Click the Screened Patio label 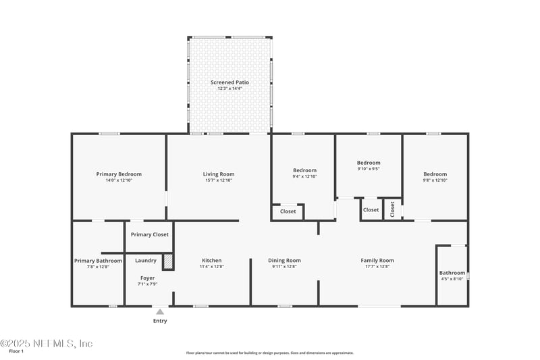pyautogui.click(x=230, y=82)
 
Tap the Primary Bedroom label pyautogui.click(x=119, y=174)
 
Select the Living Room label pyautogui.click(x=219, y=174)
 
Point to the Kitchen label pyautogui.click(x=211, y=260)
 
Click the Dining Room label pyautogui.click(x=284, y=260)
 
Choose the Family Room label pyautogui.click(x=377, y=260)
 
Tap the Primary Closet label pyautogui.click(x=150, y=234)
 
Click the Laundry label pyautogui.click(x=146, y=260)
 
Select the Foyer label pyautogui.click(x=147, y=278)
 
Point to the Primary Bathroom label pyautogui.click(x=98, y=260)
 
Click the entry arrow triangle pyautogui.click(x=160, y=312)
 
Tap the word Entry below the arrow pyautogui.click(x=160, y=321)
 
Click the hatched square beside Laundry pyautogui.click(x=169, y=261)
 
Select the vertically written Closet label pyautogui.click(x=392, y=209)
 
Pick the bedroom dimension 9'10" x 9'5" pyautogui.click(x=369, y=169)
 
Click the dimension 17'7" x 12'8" pyautogui.click(x=377, y=267)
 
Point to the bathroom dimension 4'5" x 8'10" pyautogui.click(x=452, y=279)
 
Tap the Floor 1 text pyautogui.click(x=16, y=351)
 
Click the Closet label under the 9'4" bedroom pyautogui.click(x=288, y=211)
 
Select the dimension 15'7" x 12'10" pyautogui.click(x=219, y=181)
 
